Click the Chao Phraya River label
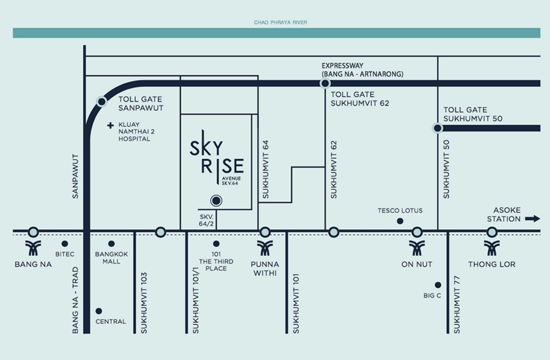pos(280,23)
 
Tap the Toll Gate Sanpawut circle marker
pos(102,102)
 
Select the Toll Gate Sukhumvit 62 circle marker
pos(325,83)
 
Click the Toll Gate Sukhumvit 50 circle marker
pos(437,128)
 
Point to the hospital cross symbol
pos(111,125)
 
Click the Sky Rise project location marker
pos(216,201)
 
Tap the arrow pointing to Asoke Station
pos(533,219)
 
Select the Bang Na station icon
pos(33,248)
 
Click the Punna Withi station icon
pos(265,248)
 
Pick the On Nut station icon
pos(417,248)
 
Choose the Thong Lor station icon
pos(492,248)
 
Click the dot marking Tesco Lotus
pos(400,221)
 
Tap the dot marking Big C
pos(438,285)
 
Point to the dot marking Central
pos(99,311)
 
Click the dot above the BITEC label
pos(64,244)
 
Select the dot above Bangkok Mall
pos(111,244)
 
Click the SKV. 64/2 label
pos(206,221)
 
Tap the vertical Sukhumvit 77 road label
pos(456,304)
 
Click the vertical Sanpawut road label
pos(75,176)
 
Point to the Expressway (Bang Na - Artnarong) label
pos(362,70)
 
